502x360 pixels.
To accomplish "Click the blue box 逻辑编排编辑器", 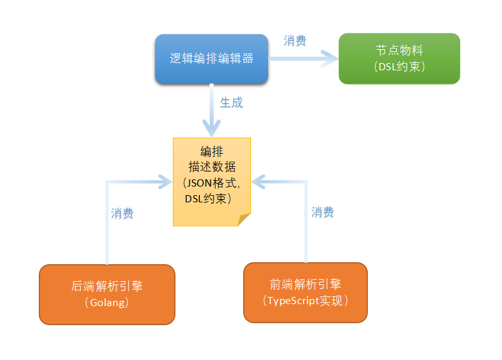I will pos(211,59).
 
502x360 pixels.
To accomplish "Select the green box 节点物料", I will pos(399,58).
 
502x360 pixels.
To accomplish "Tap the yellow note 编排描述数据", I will pos(212,181).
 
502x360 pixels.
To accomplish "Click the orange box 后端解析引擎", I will pos(107,294).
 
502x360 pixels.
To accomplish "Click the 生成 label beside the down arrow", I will pos(231,103).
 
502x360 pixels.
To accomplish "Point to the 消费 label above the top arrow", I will pos(295,41).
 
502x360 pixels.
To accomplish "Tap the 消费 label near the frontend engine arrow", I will pos(323,212).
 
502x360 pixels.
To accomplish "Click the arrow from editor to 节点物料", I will pos(302,58).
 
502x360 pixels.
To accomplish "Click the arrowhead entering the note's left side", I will pos(164,179).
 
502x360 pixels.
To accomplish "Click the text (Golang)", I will pos(106,303).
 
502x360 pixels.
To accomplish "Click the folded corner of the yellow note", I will pos(244,219).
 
